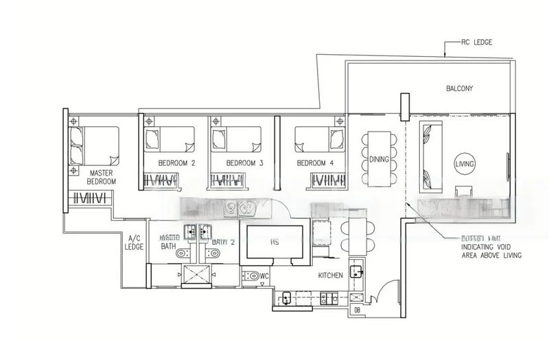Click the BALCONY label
point(459,88)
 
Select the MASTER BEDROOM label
point(101,178)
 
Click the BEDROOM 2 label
point(177,164)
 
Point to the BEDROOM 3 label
point(245,164)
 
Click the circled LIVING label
point(465,164)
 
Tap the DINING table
point(379,159)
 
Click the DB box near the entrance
point(358,311)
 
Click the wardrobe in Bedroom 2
point(161,180)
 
